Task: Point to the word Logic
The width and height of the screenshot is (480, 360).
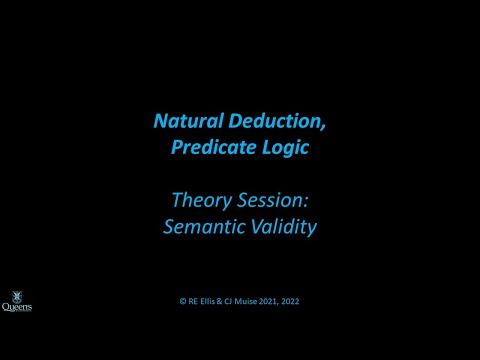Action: click(285, 146)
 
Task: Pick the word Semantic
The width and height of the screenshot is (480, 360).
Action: click(198, 226)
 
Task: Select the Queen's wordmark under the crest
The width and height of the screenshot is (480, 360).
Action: click(16, 308)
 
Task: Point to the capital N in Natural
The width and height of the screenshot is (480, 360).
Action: click(161, 121)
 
